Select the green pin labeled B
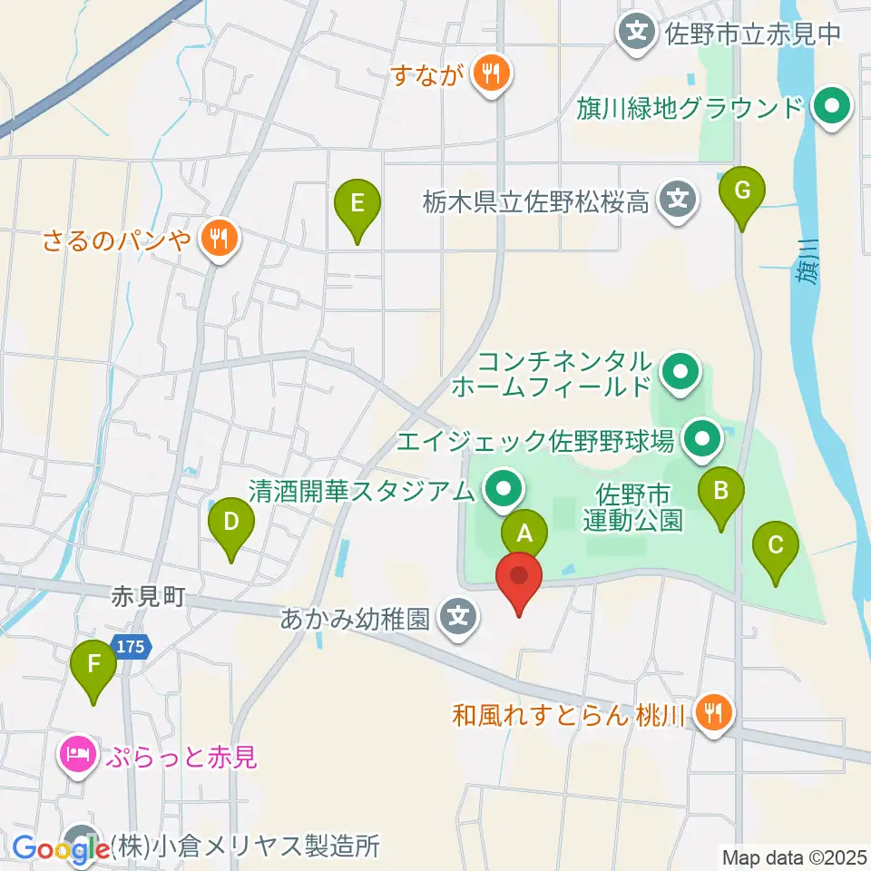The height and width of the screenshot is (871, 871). coord(721,492)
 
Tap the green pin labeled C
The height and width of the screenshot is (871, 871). coord(776,546)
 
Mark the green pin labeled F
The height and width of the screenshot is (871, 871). coord(93,665)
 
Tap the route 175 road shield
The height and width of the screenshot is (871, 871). coord(132,647)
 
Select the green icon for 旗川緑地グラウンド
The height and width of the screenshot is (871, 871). coord(829,109)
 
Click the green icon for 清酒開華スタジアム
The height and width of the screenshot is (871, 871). coord(501,491)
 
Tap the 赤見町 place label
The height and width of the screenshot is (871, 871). coord(149,596)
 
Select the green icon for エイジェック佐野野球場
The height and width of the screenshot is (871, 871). coord(700,441)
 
